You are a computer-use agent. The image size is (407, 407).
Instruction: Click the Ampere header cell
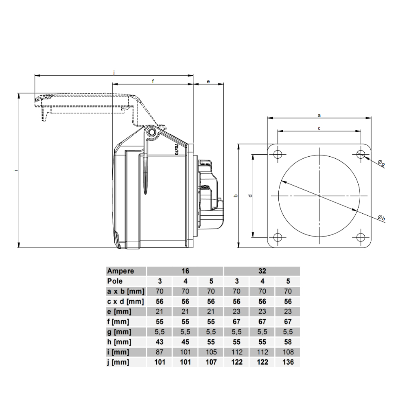(x=120, y=271)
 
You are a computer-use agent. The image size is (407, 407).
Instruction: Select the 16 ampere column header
(x=185, y=271)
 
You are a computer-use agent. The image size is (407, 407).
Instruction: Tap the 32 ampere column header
(x=262, y=271)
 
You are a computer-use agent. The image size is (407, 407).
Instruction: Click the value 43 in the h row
(x=160, y=342)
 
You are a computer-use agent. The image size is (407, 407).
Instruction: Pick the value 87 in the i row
(x=160, y=352)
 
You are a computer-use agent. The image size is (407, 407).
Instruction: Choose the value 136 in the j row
(x=288, y=362)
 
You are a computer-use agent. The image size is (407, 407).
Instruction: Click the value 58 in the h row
(x=288, y=342)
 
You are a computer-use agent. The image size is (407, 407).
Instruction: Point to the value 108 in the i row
(x=288, y=352)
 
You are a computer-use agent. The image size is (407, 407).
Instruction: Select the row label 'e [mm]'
(x=119, y=311)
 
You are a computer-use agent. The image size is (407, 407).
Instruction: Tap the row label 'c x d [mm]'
(x=125, y=301)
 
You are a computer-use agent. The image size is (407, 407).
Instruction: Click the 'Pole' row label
(x=115, y=281)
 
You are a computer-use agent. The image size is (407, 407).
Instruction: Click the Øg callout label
(x=381, y=163)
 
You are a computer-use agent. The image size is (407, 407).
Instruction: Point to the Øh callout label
(x=381, y=218)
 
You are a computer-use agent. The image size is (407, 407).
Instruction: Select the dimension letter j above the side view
(x=114, y=72)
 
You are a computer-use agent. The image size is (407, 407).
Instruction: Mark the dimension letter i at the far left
(x=16, y=170)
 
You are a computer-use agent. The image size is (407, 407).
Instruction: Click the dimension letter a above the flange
(x=319, y=115)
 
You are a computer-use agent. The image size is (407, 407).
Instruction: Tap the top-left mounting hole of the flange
(x=278, y=154)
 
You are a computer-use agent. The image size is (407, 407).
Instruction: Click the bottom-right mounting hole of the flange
(x=361, y=237)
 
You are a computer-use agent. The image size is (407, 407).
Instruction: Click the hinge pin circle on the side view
(x=151, y=133)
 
